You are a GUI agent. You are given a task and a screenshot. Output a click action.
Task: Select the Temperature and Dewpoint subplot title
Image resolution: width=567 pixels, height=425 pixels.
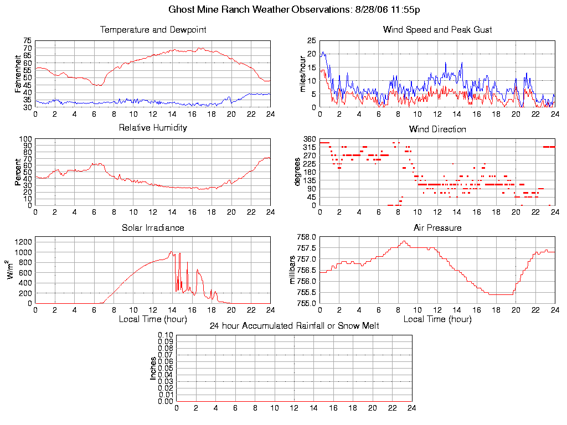point(153,30)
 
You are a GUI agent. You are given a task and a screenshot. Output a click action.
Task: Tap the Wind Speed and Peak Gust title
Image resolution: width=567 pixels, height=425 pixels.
point(437,30)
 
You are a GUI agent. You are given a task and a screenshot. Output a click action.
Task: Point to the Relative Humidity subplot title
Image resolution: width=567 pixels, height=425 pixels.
point(153,128)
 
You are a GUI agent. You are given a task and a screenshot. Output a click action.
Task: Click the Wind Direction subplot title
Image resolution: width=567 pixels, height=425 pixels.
point(437,129)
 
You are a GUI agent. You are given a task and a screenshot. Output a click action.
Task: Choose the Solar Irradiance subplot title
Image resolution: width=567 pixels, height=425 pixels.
point(153,227)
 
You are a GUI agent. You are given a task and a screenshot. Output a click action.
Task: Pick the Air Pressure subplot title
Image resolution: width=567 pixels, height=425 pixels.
point(437,227)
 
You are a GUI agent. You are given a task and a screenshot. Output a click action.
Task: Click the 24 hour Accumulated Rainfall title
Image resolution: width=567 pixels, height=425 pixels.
point(294,326)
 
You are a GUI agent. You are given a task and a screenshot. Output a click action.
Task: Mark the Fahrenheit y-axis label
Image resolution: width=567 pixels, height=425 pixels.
point(18,73)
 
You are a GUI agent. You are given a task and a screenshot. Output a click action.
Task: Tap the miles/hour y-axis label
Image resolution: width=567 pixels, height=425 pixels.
point(303,74)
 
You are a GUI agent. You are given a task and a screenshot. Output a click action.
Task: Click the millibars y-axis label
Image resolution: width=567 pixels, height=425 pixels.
point(293,270)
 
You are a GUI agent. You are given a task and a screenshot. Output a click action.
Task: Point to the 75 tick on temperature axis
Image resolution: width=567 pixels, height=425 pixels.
point(27,41)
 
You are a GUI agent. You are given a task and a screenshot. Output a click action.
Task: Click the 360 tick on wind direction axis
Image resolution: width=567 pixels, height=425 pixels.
point(310,139)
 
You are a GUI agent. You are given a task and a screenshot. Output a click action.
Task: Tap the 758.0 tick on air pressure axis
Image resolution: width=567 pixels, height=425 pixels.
point(306,237)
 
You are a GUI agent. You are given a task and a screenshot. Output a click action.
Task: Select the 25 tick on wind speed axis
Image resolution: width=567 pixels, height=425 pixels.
point(312,41)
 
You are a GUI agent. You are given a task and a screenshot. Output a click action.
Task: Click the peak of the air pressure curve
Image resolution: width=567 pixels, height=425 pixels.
point(405,241)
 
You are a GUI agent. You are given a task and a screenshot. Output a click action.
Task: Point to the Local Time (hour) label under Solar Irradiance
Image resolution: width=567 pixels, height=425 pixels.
point(153,319)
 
